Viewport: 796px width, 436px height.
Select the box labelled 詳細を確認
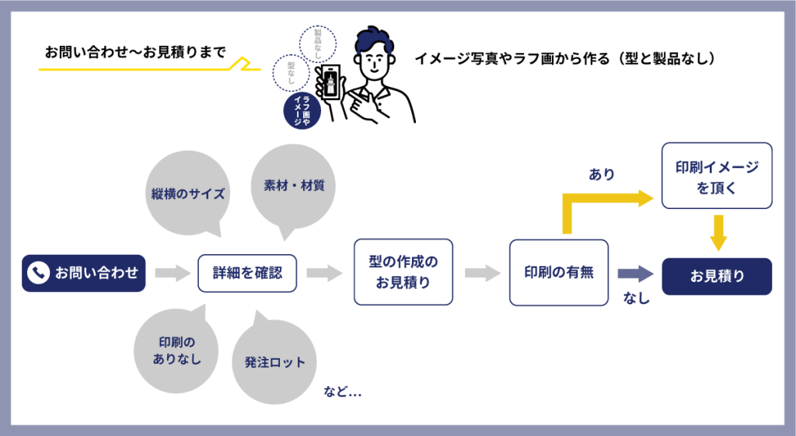pos(247,273)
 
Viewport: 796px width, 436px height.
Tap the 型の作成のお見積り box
pos(403,272)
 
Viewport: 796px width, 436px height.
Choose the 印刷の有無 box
pos(559,273)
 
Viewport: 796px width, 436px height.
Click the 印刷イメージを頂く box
pos(717,176)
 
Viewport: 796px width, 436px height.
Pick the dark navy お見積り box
pos(717,276)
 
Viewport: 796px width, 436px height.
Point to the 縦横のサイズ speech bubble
pos(187,193)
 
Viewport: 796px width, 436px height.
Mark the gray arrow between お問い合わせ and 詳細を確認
pos(173,273)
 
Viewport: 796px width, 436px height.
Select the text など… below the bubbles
pos(342,392)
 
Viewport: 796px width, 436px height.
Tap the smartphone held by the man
pos(332,85)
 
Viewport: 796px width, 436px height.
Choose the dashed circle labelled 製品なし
pos(317,44)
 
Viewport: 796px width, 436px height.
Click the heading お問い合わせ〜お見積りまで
pos(134,53)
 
